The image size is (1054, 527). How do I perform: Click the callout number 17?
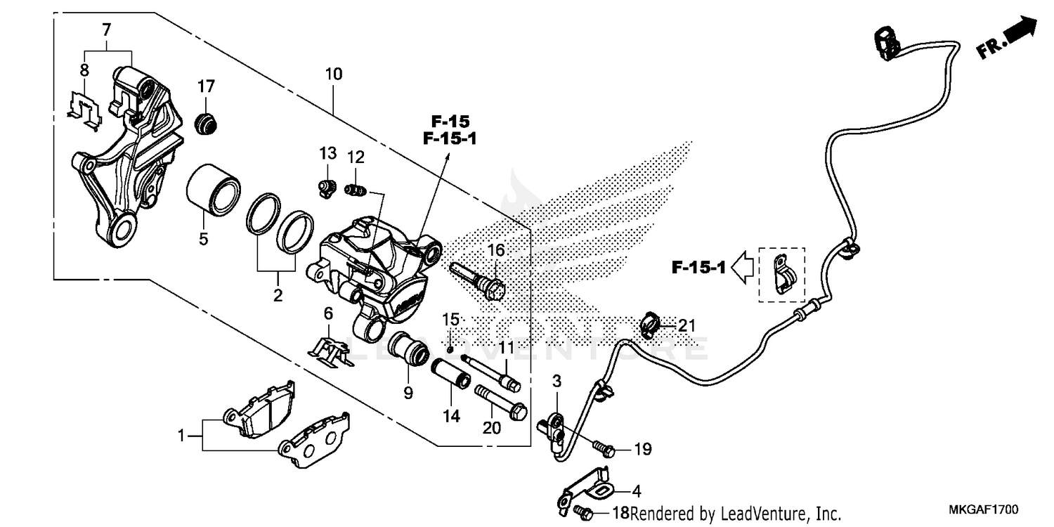(x=205, y=86)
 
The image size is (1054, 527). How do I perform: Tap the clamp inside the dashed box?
(x=782, y=275)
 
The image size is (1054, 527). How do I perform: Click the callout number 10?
(x=334, y=74)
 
